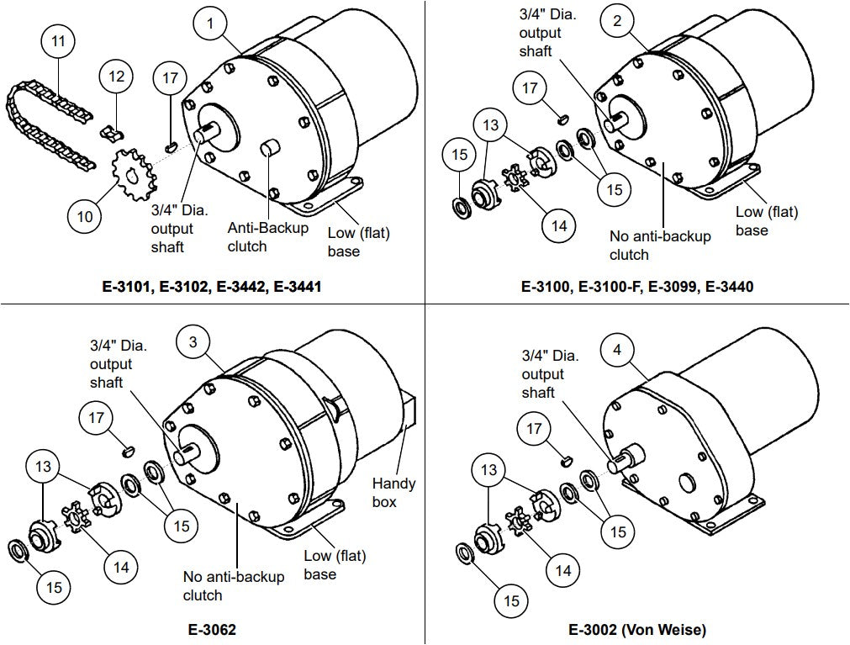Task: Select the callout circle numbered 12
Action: [117, 77]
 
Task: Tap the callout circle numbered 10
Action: [85, 216]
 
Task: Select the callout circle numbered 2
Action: [617, 22]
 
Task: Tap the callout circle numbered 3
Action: [193, 341]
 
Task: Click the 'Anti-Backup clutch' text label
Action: [268, 237]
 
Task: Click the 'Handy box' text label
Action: [393, 493]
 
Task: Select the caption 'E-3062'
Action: [211, 627]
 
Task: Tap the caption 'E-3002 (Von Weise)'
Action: [637, 628]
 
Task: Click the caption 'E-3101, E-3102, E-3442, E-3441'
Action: [211, 287]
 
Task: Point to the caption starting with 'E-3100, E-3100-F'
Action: [637, 287]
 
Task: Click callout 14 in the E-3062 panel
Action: [121, 567]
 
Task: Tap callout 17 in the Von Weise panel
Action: [535, 429]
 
